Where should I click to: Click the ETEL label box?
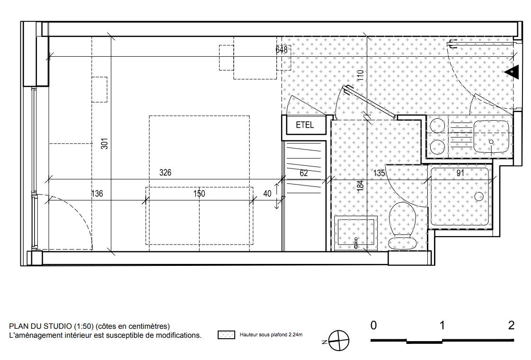pyautogui.click(x=305, y=125)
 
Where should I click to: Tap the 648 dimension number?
pyautogui.click(x=282, y=50)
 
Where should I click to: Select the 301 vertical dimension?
pyautogui.click(x=104, y=143)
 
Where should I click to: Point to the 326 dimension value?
pyautogui.click(x=165, y=173)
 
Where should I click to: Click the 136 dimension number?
pyautogui.click(x=97, y=193)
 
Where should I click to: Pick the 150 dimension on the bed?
pyautogui.click(x=199, y=193)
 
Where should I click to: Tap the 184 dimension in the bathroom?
pyautogui.click(x=360, y=185)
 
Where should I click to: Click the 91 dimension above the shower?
pyautogui.click(x=460, y=173)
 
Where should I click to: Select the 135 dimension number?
pyautogui.click(x=379, y=173)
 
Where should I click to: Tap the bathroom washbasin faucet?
pyautogui.click(x=356, y=243)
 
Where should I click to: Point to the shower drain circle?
pyautogui.click(x=479, y=196)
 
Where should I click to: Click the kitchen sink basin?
pyautogui.click(x=491, y=137)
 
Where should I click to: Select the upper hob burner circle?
pyautogui.click(x=437, y=126)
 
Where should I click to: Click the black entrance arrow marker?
pyautogui.click(x=512, y=72)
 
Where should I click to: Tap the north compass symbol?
pyautogui.click(x=339, y=341)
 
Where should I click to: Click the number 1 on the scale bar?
pyautogui.click(x=442, y=325)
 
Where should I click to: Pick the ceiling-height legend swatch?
pyautogui.click(x=226, y=335)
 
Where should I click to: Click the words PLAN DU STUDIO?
pyautogui.click(x=40, y=326)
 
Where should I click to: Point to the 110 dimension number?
pyautogui.click(x=360, y=75)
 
